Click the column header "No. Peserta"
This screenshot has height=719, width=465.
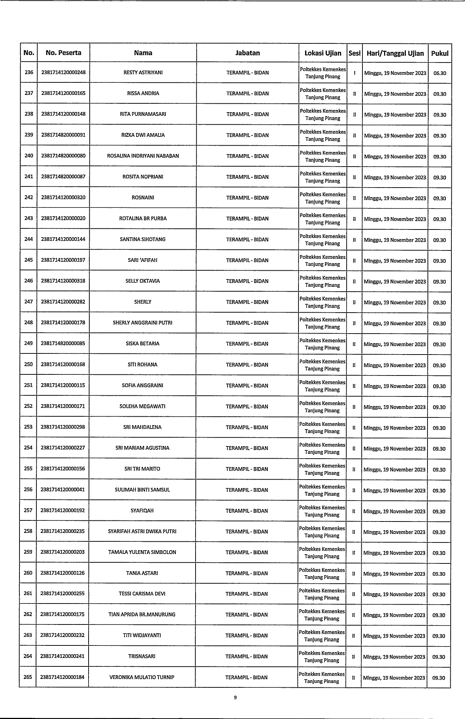coord(63,53)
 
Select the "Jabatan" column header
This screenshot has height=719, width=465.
coord(247,53)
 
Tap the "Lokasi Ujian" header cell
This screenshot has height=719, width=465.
coord(323,53)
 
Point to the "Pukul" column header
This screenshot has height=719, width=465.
coord(440,53)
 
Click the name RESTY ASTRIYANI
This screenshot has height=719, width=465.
coord(143,72)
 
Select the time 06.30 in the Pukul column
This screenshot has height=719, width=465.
coord(440,73)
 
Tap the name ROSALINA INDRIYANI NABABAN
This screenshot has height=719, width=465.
coord(143,156)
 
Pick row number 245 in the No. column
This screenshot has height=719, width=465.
coord(28,260)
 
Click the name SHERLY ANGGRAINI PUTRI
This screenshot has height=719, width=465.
coord(143,323)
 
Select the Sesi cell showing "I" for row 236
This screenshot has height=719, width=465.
coord(354,73)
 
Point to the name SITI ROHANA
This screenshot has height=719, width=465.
coord(143,365)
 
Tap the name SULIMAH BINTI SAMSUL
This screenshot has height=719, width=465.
coord(142,490)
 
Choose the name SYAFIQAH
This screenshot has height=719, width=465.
coord(142,511)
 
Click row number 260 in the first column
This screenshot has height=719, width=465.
coord(28,573)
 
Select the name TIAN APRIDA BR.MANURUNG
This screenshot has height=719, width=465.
coord(142,615)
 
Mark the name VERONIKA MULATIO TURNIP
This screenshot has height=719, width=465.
coord(142,677)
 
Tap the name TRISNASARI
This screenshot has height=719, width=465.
coord(142,656)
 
